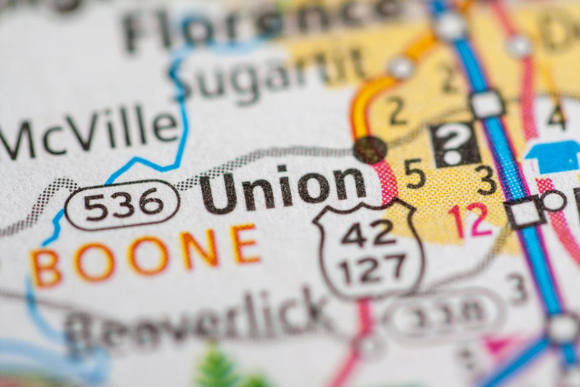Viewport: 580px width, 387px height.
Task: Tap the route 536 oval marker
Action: [x=122, y=204]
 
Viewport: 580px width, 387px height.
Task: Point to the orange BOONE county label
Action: [x=145, y=255]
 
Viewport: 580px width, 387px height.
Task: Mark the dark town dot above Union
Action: [x=370, y=150]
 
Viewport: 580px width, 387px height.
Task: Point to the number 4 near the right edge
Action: [x=556, y=116]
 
